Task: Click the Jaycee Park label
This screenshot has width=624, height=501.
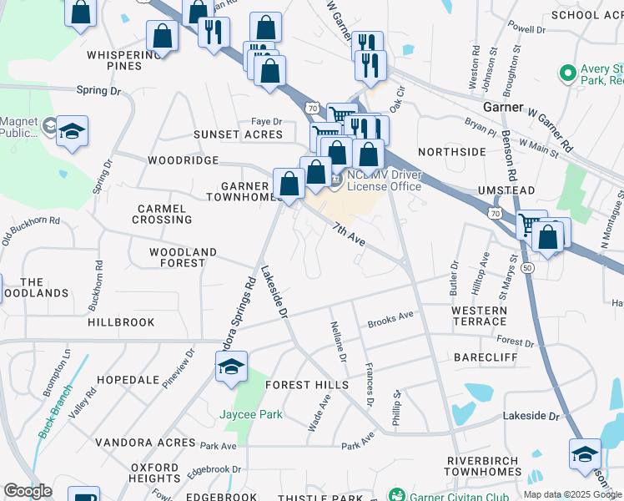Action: (x=250, y=414)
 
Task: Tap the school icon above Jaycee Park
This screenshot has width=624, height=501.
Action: (x=231, y=366)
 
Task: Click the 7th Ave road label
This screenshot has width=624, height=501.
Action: (x=350, y=235)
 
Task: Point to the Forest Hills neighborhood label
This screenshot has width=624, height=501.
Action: (x=307, y=384)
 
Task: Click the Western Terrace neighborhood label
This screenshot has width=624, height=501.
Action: (x=479, y=316)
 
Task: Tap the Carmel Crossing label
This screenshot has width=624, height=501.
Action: (x=162, y=213)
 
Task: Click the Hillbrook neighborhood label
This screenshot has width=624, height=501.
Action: (x=121, y=321)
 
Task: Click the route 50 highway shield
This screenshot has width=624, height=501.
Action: (x=526, y=267)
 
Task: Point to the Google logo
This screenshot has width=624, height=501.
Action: (x=27, y=491)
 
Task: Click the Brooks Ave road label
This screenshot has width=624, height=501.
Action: (x=390, y=318)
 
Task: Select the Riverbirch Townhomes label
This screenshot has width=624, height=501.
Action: (x=484, y=466)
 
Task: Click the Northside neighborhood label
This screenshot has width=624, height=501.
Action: (x=451, y=152)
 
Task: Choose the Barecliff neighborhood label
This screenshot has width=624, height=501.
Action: (x=486, y=357)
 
